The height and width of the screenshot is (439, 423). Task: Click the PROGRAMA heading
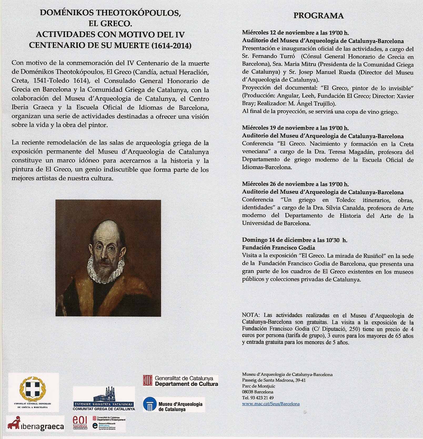pyautogui.click(x=318, y=16)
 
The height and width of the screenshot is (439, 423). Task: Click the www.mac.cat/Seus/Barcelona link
pyautogui.click(x=271, y=404)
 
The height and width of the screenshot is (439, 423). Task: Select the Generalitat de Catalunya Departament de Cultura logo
pyautogui.click(x=180, y=381)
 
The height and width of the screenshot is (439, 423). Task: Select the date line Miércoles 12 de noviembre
pyautogui.click(x=295, y=33)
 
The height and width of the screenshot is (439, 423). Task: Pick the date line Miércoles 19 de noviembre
pyautogui.click(x=295, y=128)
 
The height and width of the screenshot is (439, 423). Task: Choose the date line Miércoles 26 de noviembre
pyautogui.click(x=295, y=184)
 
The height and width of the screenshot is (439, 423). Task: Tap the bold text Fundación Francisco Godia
pyautogui.click(x=278, y=248)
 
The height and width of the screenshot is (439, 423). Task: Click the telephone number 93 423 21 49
pyautogui.click(x=261, y=398)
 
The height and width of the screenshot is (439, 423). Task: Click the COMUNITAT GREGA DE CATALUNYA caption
pyautogui.click(x=104, y=409)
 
